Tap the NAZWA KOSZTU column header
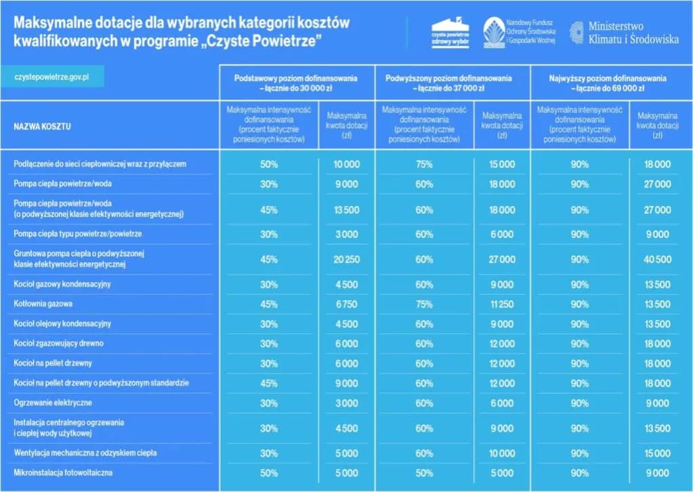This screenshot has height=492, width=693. (43, 126)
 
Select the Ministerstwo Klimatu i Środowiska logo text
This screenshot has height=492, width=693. (623, 33)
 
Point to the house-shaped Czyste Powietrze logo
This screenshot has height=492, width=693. (450, 32)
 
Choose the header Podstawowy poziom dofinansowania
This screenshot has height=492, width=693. (295, 83)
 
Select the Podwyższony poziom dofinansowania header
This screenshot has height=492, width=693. (452, 83)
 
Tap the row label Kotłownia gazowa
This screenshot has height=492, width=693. (43, 304)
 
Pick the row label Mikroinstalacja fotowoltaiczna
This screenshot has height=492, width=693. (63, 472)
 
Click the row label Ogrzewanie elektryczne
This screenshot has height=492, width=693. (53, 403)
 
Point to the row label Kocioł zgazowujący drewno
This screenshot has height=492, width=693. (58, 344)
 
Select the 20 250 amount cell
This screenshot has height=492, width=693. (347, 259)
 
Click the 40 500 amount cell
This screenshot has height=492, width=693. (657, 259)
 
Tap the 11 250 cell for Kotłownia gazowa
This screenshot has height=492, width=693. (502, 304)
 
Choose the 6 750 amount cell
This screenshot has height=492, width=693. (347, 304)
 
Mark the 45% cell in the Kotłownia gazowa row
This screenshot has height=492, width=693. (269, 304)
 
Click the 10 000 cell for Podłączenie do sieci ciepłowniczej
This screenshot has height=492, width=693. (347, 164)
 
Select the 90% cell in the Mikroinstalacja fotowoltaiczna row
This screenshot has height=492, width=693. (579, 472)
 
